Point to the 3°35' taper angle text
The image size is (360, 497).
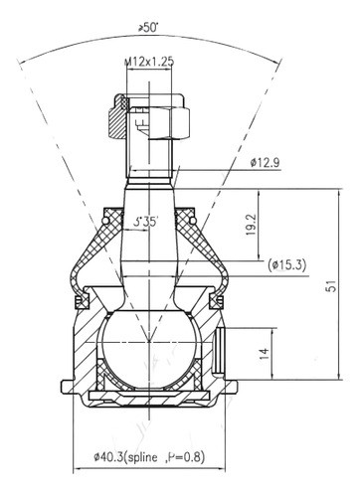click(x=148, y=221)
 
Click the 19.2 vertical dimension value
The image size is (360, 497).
click(x=253, y=225)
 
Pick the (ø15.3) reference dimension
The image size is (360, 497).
click(x=289, y=265)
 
